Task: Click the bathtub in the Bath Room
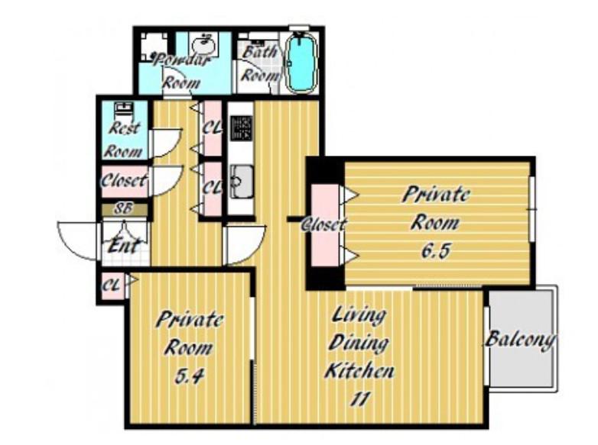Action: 301,62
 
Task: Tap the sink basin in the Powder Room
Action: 203,47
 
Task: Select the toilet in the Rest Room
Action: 124,111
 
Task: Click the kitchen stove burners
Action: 242,128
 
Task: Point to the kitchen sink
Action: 241,182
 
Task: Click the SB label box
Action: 125,209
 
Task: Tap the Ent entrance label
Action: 124,245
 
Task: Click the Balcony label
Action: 520,339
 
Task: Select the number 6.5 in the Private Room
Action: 436,250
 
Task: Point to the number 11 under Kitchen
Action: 360,399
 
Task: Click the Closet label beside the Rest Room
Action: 124,180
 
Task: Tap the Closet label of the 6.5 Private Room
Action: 324,224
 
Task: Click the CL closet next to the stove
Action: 212,128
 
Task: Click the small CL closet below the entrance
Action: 111,285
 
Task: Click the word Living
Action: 359,315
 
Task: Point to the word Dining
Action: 359,343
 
